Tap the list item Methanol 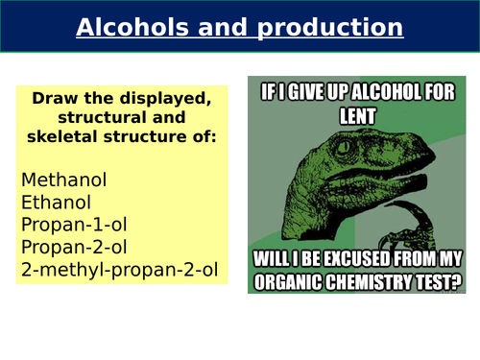tap(63, 180)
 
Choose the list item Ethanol tap(57, 202)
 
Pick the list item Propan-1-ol tap(74, 224)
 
